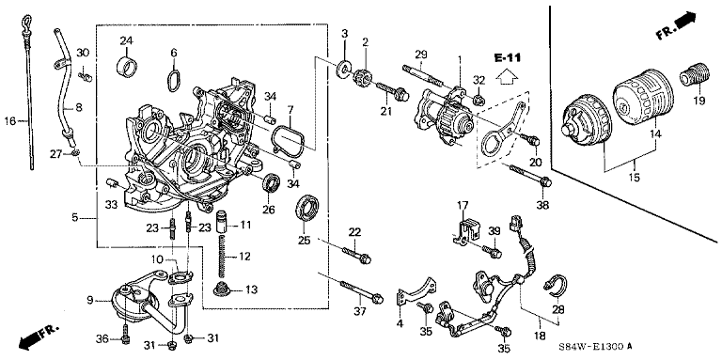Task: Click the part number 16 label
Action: tap(9, 121)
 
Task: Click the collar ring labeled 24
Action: tap(127, 66)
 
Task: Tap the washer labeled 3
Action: tap(342, 69)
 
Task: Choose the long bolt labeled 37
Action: tap(361, 291)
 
